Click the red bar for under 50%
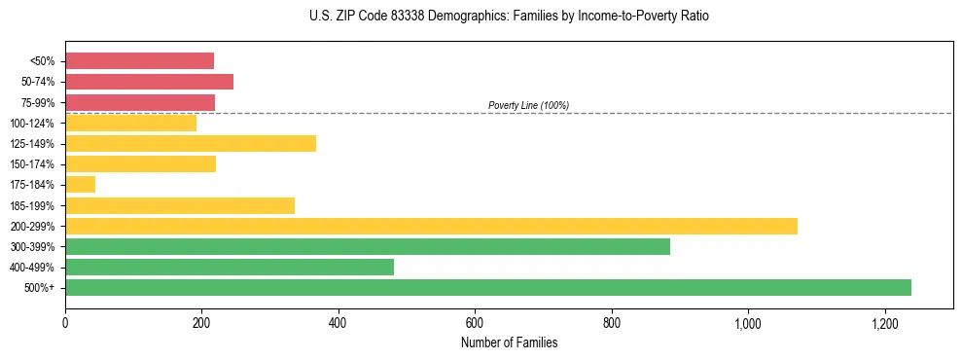[x=139, y=61]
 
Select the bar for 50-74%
[x=149, y=82]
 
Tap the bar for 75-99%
[x=140, y=102]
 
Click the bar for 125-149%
[x=191, y=144]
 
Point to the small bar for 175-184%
[x=80, y=185]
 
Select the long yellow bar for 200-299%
[x=431, y=226]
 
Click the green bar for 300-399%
[x=368, y=246]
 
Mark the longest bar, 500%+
[x=488, y=287]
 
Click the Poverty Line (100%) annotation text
[x=528, y=105]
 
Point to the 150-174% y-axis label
[x=32, y=164]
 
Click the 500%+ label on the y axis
[x=41, y=288]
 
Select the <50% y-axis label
[x=42, y=61]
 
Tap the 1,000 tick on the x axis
[x=748, y=322]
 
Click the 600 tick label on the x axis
[x=475, y=322]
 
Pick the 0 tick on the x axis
[x=65, y=322]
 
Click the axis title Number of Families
[x=509, y=342]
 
